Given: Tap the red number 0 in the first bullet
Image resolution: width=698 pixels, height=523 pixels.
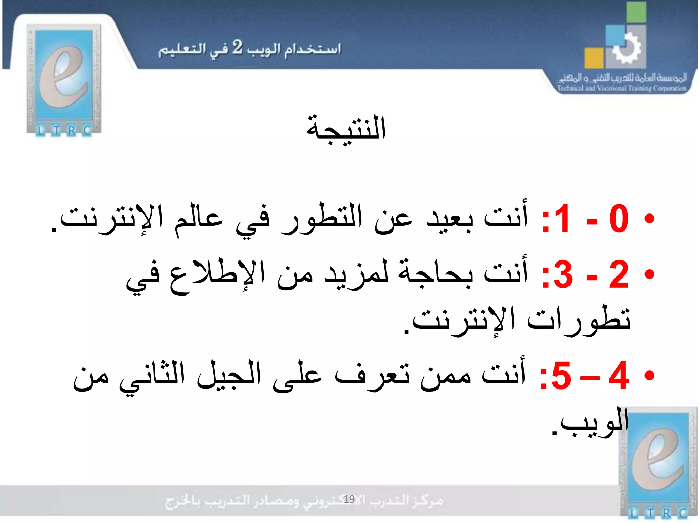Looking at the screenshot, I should [x=619, y=219].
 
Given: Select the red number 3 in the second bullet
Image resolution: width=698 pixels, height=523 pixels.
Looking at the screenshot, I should [x=563, y=274].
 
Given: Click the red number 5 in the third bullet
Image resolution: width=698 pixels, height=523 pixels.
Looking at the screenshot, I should [x=561, y=376].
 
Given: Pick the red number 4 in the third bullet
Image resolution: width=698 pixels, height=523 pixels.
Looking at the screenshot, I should [x=619, y=376].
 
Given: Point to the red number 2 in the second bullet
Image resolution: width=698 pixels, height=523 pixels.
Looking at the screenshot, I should [x=619, y=274].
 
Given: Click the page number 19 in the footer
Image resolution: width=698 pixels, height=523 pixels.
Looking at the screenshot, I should [x=349, y=499].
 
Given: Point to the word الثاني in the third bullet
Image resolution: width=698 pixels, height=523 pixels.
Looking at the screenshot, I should [x=152, y=378].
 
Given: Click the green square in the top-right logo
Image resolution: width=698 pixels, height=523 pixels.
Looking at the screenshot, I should [x=636, y=12].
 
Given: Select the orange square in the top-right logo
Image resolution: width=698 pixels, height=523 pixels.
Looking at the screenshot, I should [x=593, y=58].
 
